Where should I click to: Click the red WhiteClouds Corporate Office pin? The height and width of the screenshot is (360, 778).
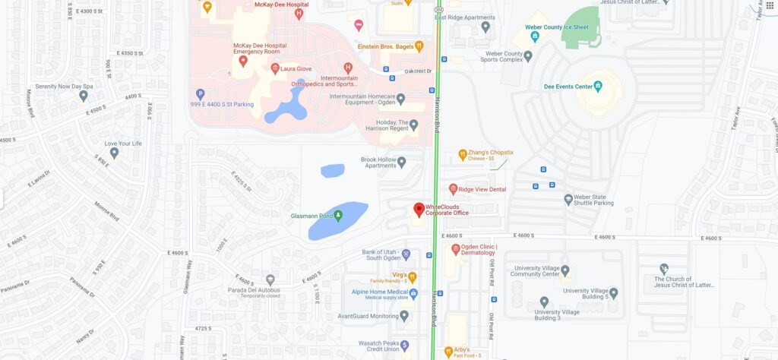[417, 210]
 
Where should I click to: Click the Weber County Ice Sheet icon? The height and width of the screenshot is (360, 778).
[536, 36]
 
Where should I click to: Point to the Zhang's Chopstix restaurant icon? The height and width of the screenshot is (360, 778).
[462, 155]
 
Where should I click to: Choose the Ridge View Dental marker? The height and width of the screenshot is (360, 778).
[454, 188]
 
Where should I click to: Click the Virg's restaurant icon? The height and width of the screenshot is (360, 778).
[413, 276]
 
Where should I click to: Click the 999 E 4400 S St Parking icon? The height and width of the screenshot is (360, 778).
[201, 93]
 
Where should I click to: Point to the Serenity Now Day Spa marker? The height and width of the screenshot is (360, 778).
[84, 96]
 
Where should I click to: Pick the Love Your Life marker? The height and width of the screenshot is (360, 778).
[114, 153]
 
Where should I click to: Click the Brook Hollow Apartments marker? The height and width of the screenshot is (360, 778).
[402, 161]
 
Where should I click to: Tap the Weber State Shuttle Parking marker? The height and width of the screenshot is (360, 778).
[568, 199]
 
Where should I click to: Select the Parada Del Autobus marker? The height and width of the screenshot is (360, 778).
[270, 280]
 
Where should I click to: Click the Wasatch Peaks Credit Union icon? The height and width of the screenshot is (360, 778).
[405, 345]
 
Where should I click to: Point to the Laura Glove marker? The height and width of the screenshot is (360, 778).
[275, 69]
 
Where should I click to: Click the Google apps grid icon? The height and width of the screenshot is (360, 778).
[769, 6]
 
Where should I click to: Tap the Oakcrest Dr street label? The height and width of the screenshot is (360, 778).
[418, 71]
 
